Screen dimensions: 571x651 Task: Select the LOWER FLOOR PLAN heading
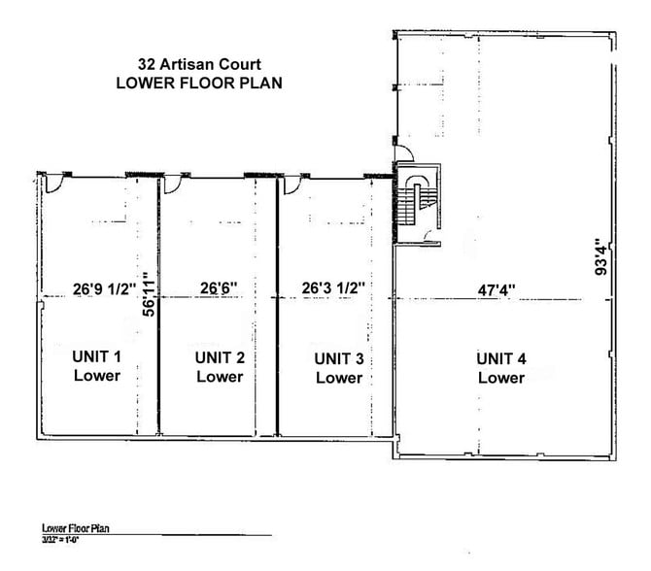[x=198, y=83]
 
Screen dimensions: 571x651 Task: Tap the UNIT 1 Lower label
[x=95, y=366]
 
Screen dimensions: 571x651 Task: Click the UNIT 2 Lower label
[x=220, y=366]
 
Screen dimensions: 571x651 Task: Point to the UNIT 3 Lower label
[x=338, y=368]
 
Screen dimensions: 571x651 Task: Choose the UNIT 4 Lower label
[x=500, y=368]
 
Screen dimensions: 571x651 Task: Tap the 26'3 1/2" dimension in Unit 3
[x=332, y=287]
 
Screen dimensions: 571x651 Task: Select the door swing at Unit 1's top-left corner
[x=56, y=184]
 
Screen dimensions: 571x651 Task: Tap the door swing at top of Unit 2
[x=173, y=184]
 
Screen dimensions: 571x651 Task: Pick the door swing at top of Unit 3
[x=289, y=184]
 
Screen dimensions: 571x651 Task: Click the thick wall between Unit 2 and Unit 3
[x=278, y=311]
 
